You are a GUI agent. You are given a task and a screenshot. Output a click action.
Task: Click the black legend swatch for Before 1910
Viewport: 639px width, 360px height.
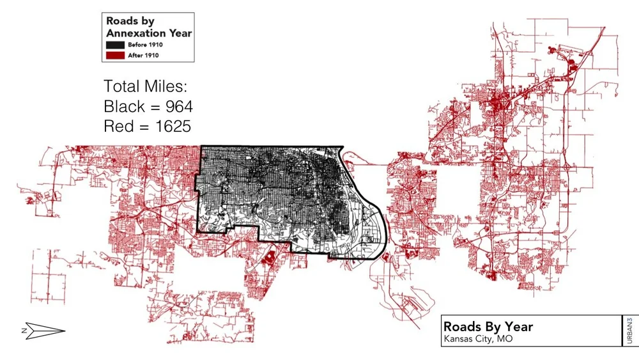[x=116, y=45]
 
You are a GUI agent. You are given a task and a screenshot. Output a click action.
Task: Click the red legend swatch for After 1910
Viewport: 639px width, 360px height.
[x=116, y=55]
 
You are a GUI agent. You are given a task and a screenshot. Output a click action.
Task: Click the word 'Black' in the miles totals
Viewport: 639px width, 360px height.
[x=125, y=106]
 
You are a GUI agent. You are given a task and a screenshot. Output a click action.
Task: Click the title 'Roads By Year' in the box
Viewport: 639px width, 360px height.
[x=488, y=327]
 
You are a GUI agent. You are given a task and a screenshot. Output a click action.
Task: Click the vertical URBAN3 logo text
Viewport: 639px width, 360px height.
[x=631, y=331]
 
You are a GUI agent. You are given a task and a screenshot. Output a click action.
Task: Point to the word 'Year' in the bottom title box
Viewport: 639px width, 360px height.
[x=518, y=327]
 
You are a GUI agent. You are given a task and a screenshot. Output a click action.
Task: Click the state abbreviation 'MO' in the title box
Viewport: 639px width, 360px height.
[x=505, y=339]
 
